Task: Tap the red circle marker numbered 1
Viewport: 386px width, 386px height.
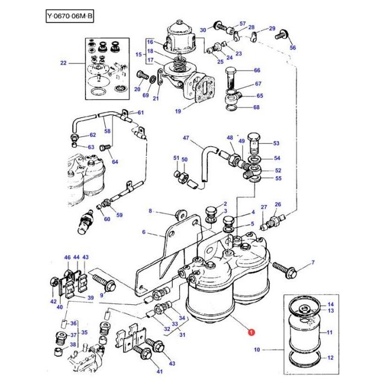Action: coord(251,333)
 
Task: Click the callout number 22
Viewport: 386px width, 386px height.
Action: coord(63,63)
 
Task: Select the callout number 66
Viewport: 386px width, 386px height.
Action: coord(257,71)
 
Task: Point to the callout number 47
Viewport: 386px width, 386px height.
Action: coord(186,138)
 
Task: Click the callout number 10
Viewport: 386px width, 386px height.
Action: coord(256,350)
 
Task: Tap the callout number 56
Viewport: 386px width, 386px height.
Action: coord(293,48)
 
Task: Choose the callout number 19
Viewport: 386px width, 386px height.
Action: coord(178,111)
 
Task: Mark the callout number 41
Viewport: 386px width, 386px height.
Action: coord(144,372)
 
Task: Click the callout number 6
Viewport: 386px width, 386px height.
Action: coord(144,232)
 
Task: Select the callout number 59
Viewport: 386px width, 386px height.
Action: coord(120,215)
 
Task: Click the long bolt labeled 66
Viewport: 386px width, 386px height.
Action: coord(232,77)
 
